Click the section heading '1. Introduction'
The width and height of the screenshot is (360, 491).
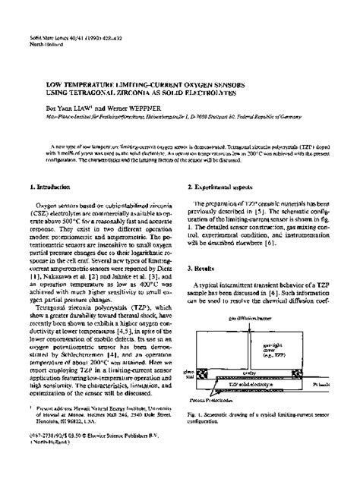[x=48, y=184]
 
